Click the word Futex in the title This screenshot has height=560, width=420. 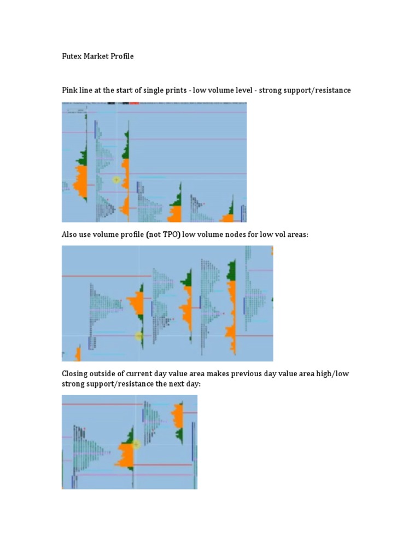point(72,56)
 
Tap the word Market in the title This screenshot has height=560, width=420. point(97,56)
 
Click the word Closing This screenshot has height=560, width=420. point(75,374)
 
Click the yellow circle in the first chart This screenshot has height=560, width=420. point(116,179)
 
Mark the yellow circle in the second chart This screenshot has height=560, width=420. point(139,336)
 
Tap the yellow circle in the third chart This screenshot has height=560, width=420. point(136,445)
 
